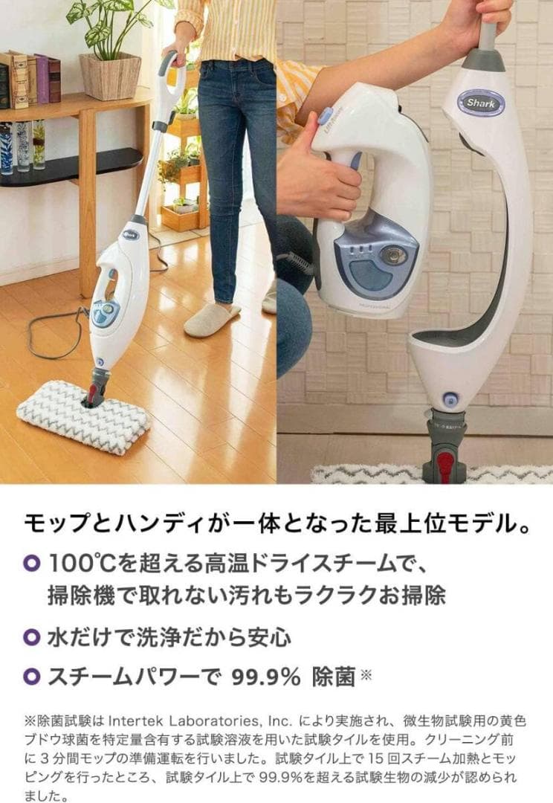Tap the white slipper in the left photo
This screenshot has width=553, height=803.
click(212, 319)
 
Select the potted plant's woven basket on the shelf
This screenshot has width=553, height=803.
click(110, 76)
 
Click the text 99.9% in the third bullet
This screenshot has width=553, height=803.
click(265, 677)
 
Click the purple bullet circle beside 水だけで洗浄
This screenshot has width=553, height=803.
click(31, 637)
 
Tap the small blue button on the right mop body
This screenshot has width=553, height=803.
click(450, 399)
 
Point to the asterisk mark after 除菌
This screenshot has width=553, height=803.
click(365, 674)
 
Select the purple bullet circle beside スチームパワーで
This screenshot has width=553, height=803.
click(31, 677)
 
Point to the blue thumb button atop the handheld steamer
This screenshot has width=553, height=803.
click(324, 117)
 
